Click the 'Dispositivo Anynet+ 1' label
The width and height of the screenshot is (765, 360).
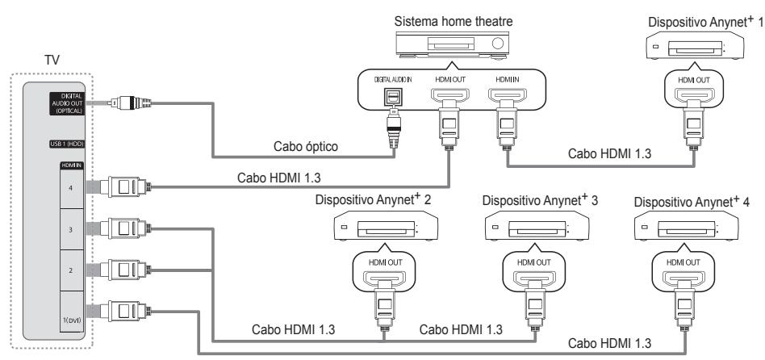click(702, 19)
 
